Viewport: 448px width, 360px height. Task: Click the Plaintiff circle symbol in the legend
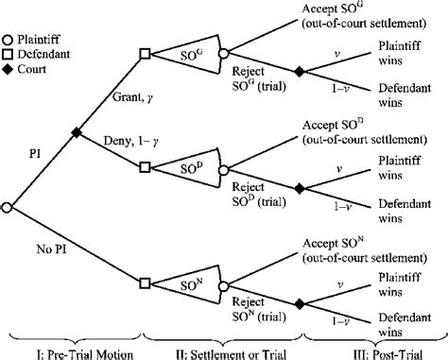8,15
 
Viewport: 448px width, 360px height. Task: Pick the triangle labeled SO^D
192,168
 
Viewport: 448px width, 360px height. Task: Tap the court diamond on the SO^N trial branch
301,302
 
